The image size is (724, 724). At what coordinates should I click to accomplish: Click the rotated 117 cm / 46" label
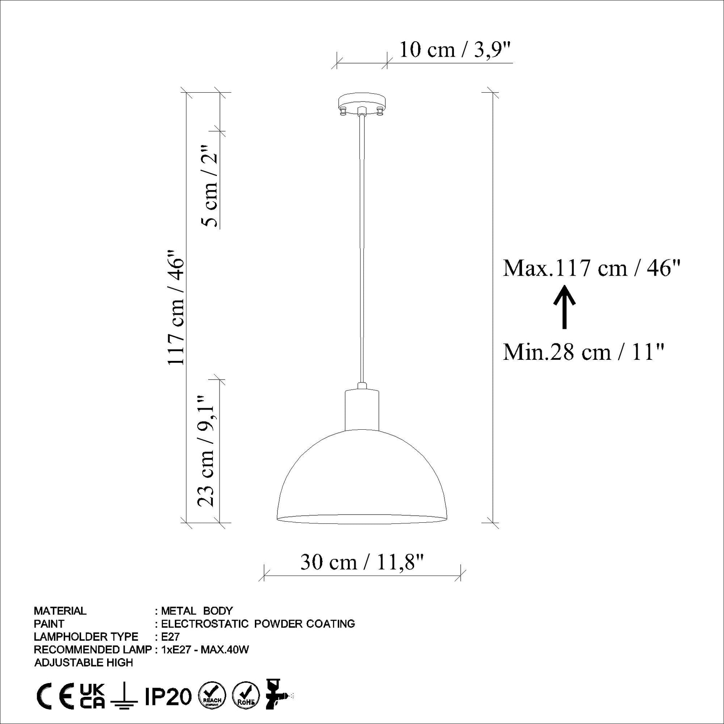tap(176, 307)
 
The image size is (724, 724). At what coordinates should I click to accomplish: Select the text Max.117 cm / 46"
tap(592, 268)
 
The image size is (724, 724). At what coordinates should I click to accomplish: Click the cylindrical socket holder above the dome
tap(362, 410)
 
